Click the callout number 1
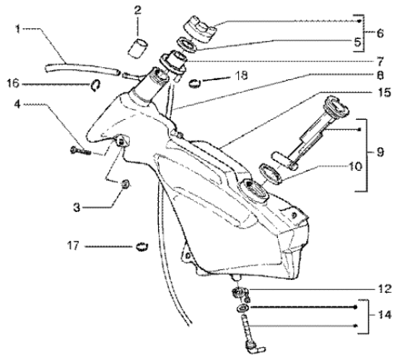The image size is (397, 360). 17,29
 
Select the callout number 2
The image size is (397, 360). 138,10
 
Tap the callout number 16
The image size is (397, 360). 13,83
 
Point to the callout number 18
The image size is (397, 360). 241,75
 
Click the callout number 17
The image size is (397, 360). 73,246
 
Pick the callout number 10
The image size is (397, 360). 355,167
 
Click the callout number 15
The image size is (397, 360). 385,92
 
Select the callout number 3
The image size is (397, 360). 77,208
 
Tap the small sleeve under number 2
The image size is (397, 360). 138,48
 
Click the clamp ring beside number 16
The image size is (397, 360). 95,85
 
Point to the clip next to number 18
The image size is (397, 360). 195,83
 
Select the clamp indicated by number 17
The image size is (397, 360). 142,247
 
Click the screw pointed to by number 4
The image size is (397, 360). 80,152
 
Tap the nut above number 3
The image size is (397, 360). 126,184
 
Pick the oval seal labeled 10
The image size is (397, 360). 270,174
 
